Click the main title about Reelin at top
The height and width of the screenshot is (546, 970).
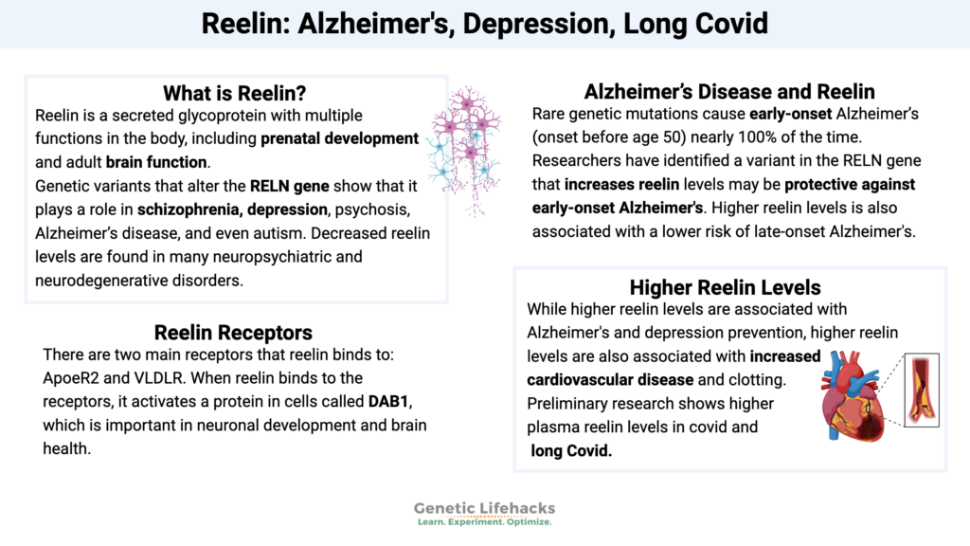pos(485,23)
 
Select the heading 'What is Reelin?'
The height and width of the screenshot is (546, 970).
pos(236,93)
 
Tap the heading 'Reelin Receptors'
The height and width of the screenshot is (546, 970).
pos(233,333)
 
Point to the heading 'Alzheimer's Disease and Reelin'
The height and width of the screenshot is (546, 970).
pos(729,92)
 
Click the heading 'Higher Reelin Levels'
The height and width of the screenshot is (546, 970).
pos(725,286)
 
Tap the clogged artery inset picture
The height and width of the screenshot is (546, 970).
pos(920,389)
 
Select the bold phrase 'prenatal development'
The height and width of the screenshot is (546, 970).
pos(340,138)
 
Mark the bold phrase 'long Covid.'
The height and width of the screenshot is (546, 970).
pos(571,451)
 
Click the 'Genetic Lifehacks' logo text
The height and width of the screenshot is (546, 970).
pos(484,508)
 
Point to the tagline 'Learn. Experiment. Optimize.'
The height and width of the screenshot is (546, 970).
pos(484,523)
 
